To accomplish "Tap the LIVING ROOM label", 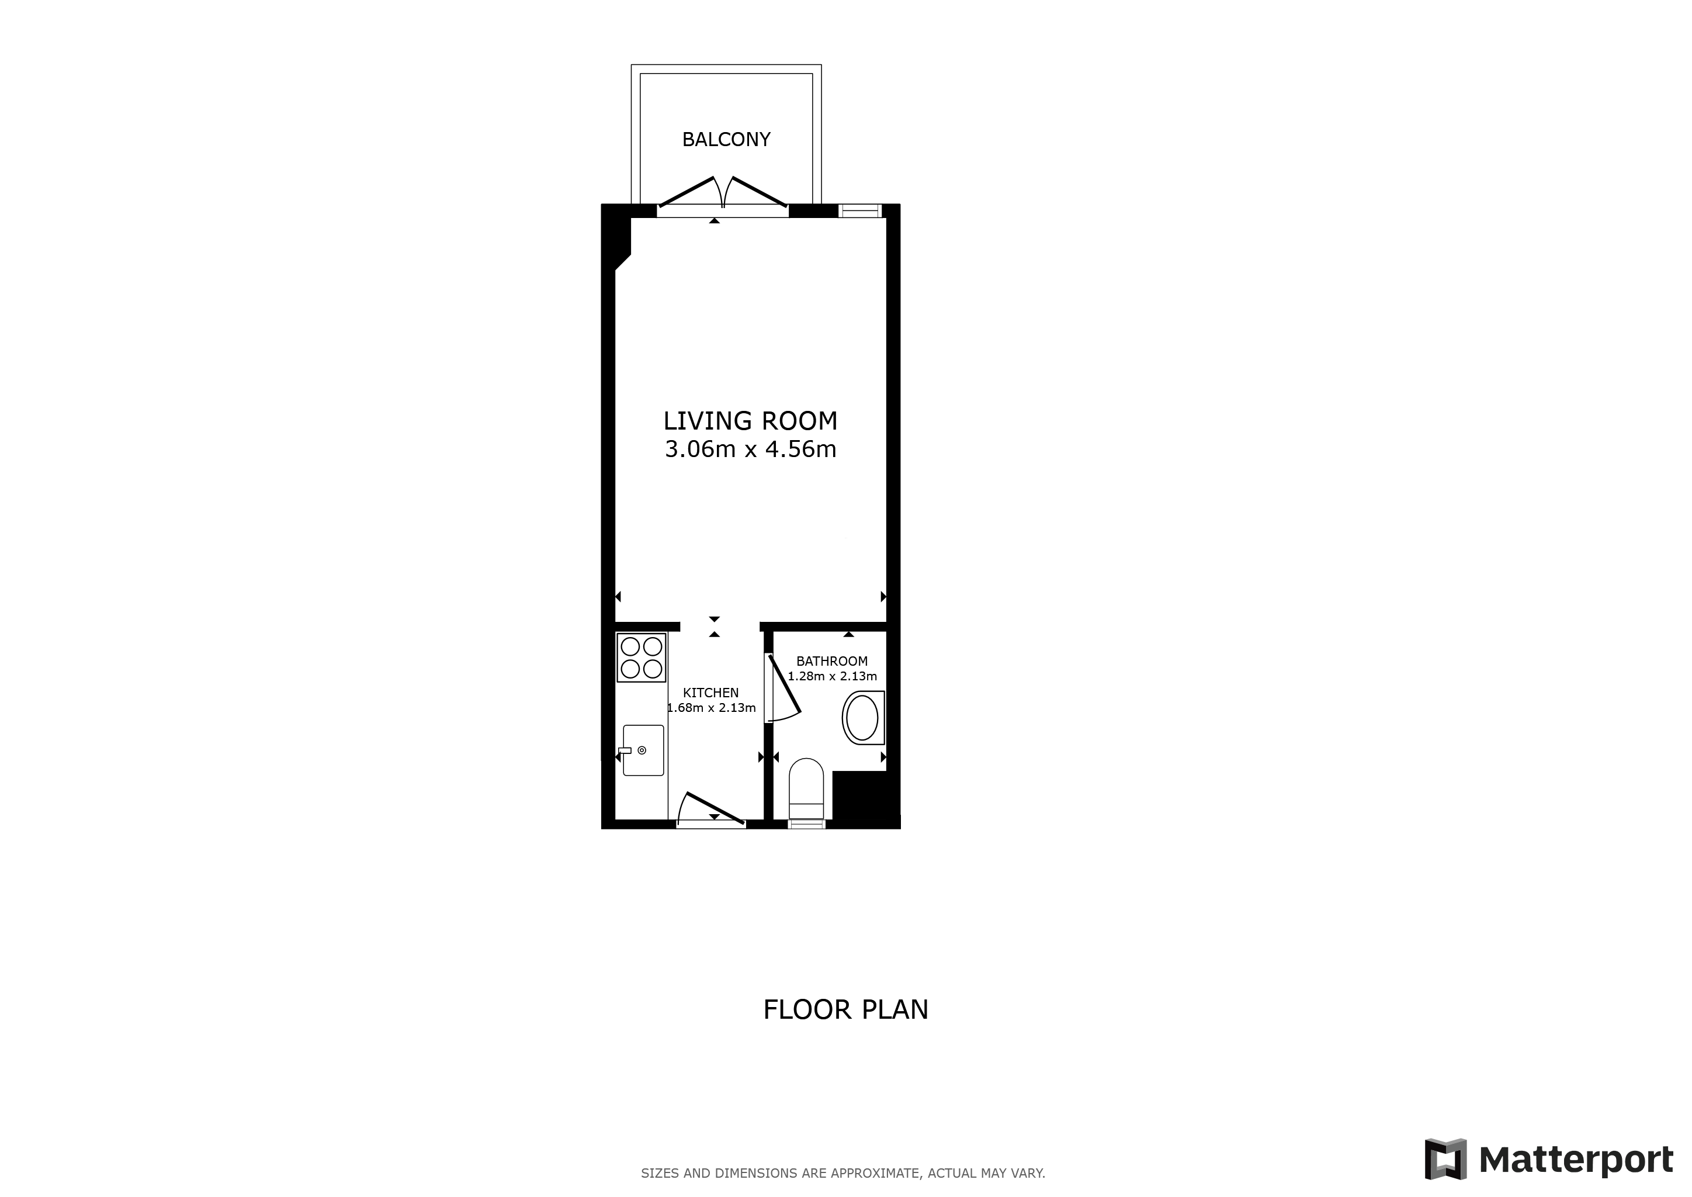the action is [750, 421].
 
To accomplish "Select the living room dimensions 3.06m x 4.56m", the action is [750, 449].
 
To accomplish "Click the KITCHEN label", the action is [710, 693].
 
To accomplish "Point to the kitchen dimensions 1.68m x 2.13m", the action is [711, 708].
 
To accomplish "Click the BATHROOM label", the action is [832, 661].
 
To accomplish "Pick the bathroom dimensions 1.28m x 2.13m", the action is [832, 676].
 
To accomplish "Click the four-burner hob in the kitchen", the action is [641, 658].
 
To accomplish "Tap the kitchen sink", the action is [643, 750].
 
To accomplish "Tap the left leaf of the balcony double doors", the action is [689, 192].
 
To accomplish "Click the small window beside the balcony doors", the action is [861, 211].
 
